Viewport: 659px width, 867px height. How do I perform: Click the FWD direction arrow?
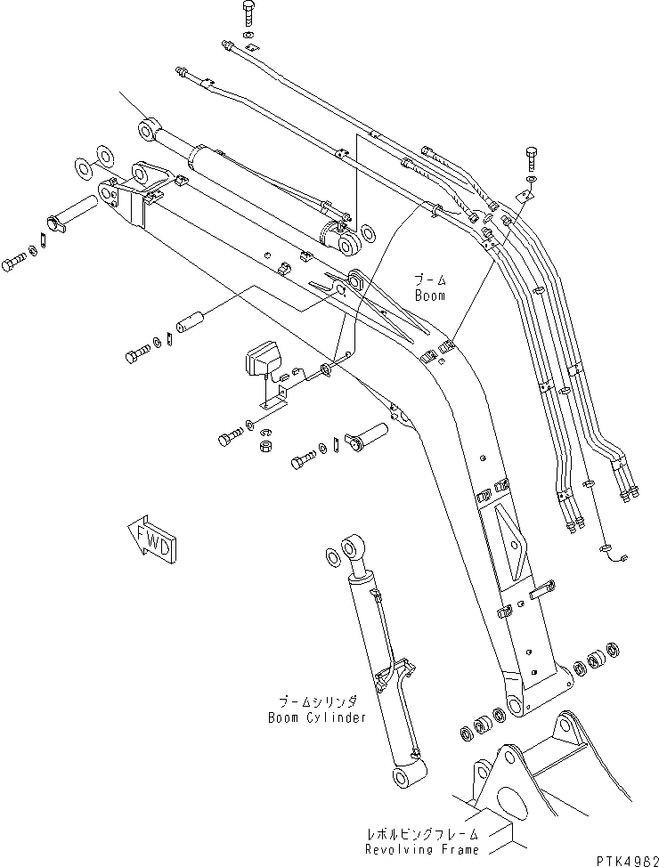152,539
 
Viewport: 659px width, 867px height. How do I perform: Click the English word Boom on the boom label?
427,296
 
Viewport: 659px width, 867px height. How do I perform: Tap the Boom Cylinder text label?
318,717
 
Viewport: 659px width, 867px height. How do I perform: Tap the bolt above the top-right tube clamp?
532,159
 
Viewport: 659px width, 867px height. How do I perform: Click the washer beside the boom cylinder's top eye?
329,557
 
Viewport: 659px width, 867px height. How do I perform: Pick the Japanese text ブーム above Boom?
427,279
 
